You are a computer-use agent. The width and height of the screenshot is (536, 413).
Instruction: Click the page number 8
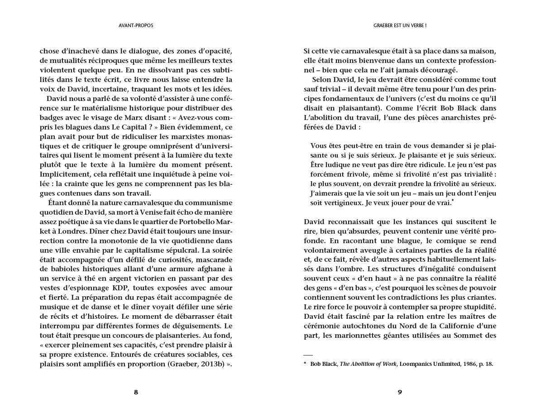[136, 392]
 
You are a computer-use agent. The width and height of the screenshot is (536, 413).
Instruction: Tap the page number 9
[400, 392]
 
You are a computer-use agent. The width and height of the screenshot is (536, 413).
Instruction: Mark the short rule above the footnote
[308, 355]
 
